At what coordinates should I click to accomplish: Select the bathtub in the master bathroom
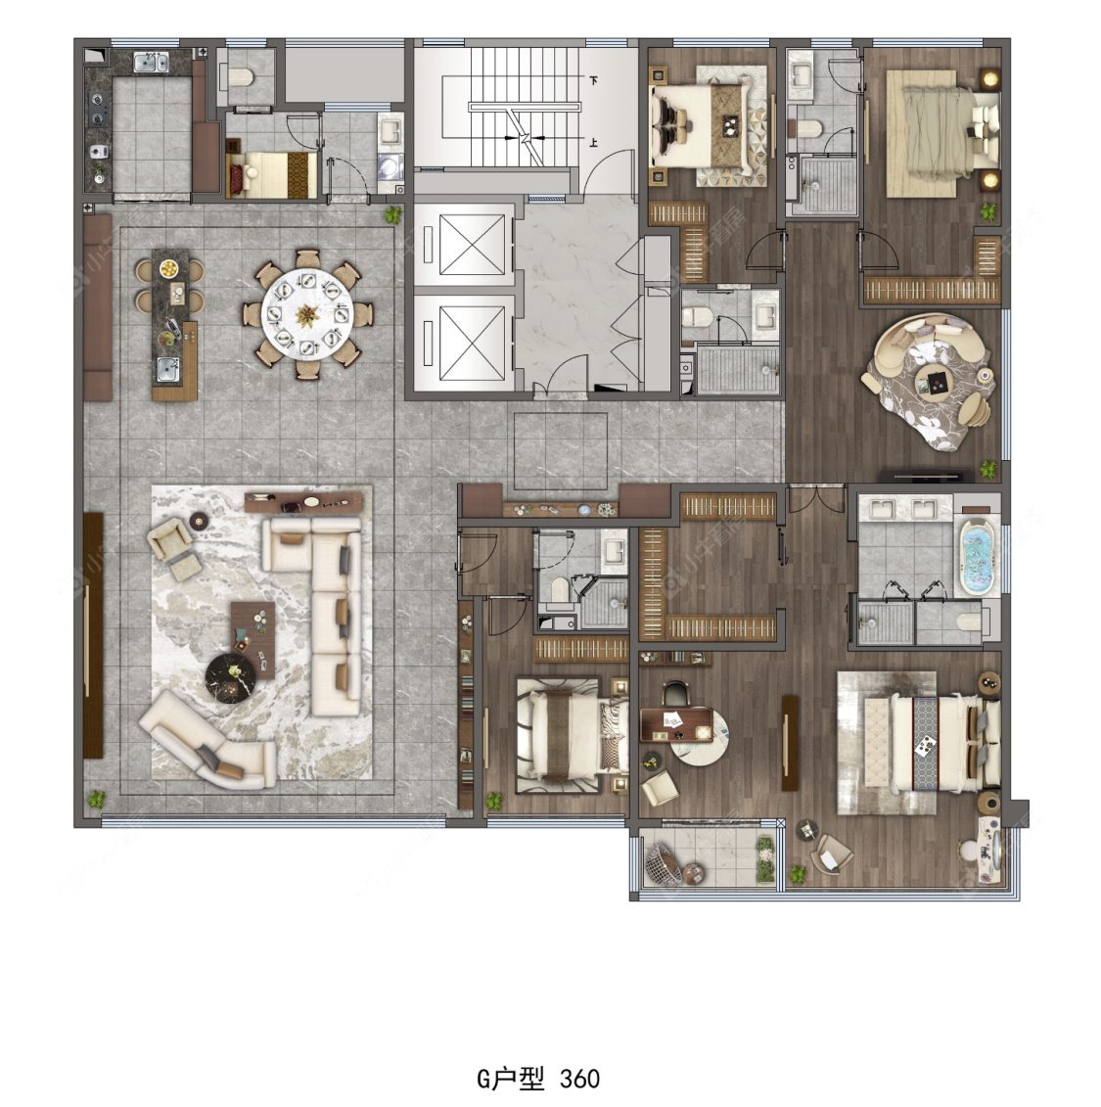coord(976,556)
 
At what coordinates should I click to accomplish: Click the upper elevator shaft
coord(462,241)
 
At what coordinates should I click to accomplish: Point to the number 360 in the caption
coord(580,1079)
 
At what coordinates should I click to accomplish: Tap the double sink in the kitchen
coord(150,65)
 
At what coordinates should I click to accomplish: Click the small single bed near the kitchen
coord(271,173)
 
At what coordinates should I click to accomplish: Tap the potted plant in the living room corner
coord(96,798)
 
